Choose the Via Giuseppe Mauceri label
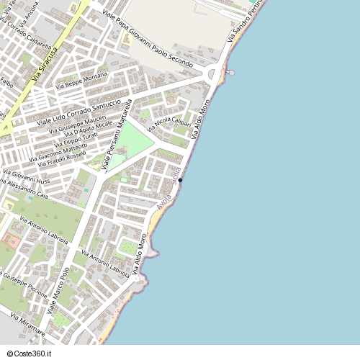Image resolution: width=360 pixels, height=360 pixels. (x=77, y=124)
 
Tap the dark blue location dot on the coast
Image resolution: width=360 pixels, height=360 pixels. (x=180, y=180)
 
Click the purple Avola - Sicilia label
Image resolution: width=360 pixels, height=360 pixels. (x=167, y=186)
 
